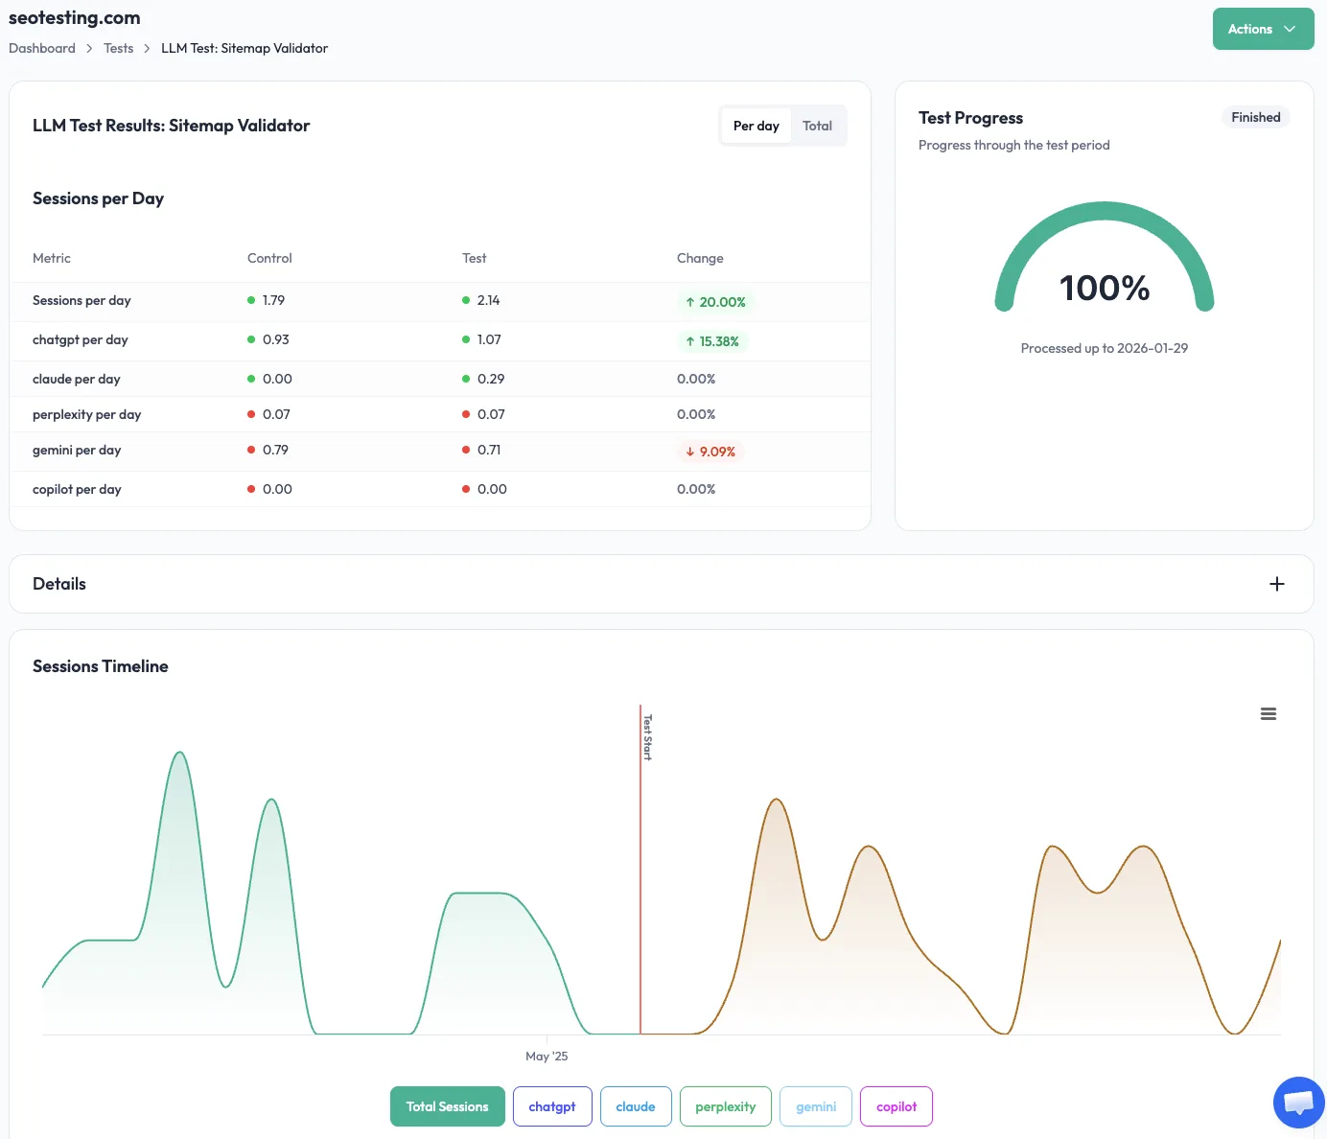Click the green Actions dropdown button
tap(1262, 29)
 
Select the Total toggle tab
tap(817, 126)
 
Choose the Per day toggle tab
tap(756, 126)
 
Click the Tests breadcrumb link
tap(119, 48)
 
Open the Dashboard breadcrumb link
tap(42, 48)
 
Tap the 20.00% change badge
tap(715, 302)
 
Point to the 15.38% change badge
tap(712, 341)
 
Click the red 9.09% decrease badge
tap(710, 452)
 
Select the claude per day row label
tap(77, 379)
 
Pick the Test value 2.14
tap(488, 300)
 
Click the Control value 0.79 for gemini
tap(275, 450)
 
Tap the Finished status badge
tap(1255, 117)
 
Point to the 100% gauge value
tap(1104, 288)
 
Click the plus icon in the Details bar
tap(1276, 584)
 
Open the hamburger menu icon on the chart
tap(1268, 714)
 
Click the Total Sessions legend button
tap(447, 1106)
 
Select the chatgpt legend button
tap(552, 1106)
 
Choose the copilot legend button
tap(896, 1106)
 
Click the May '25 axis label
tap(547, 1056)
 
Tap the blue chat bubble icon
tap(1298, 1102)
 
